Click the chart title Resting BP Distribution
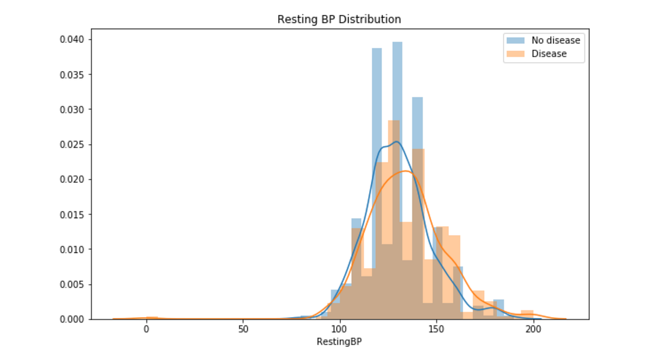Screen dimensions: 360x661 coord(339,19)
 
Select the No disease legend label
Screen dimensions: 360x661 coord(555,40)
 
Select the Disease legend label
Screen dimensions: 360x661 coord(549,53)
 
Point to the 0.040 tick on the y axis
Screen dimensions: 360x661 coord(72,40)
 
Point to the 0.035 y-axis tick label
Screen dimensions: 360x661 coord(72,74)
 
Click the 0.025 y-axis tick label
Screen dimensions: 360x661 coord(72,144)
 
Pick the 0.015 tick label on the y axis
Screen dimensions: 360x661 coord(72,214)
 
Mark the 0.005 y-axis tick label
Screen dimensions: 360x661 coord(72,284)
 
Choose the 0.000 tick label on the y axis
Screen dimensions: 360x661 coord(72,319)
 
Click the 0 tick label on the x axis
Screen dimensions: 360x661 coord(147,330)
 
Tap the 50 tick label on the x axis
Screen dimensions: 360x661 coord(243,330)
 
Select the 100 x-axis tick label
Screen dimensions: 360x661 coord(340,330)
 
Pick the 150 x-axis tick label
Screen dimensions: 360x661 coord(436,330)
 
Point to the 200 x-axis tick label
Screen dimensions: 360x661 coord(533,330)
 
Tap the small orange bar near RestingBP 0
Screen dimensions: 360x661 coord(152,318)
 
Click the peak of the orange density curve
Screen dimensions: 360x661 coord(405,171)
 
